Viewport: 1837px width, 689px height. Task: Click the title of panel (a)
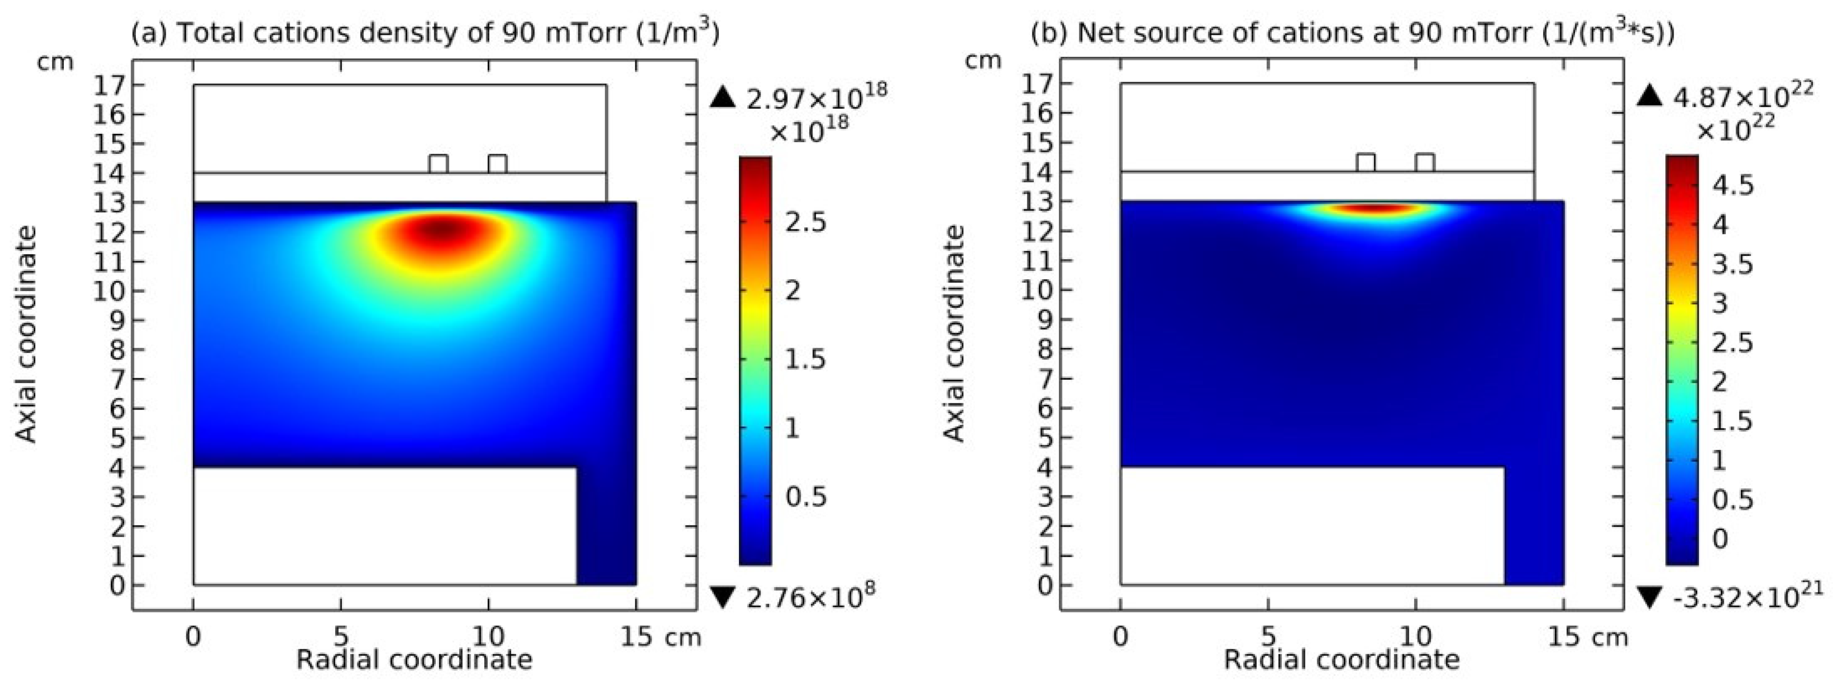point(425,33)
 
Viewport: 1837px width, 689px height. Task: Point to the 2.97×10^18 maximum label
point(816,98)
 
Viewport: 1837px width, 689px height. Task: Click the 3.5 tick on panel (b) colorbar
point(1732,264)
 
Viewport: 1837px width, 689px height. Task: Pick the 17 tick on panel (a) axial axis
point(109,85)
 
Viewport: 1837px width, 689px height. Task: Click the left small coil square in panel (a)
point(439,164)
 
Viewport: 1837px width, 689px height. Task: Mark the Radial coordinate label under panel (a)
point(414,660)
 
